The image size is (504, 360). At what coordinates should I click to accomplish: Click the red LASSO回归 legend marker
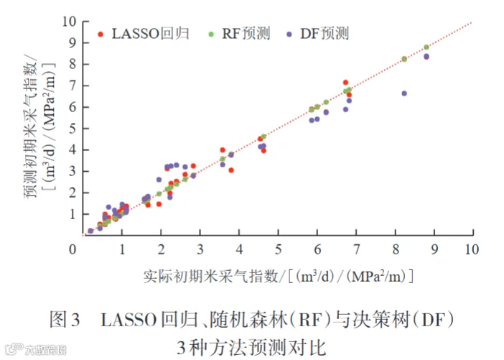point(101,34)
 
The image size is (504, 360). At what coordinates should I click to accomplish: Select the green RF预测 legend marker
point(211,34)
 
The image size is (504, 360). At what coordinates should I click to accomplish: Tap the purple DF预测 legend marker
point(289,34)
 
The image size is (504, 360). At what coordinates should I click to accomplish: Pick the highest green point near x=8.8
point(426,47)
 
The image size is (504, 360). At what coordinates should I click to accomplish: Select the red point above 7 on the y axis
point(346,83)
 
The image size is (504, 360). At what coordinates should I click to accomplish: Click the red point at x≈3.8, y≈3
point(231,170)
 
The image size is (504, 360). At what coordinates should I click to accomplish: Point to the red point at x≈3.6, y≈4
point(223,150)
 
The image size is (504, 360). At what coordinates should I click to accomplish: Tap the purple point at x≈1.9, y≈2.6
point(159,180)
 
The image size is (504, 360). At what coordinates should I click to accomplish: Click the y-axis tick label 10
point(69,22)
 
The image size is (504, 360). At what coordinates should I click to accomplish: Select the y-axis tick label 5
point(73,129)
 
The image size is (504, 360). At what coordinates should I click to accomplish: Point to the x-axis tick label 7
point(357,249)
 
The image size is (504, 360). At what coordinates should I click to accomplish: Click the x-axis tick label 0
point(73,249)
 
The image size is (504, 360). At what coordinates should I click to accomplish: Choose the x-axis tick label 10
point(472,249)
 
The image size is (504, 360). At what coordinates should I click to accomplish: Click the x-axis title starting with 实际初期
point(279,277)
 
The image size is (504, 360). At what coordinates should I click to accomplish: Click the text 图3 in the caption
point(65,320)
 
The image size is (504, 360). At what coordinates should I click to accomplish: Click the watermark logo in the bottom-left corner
point(14,349)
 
